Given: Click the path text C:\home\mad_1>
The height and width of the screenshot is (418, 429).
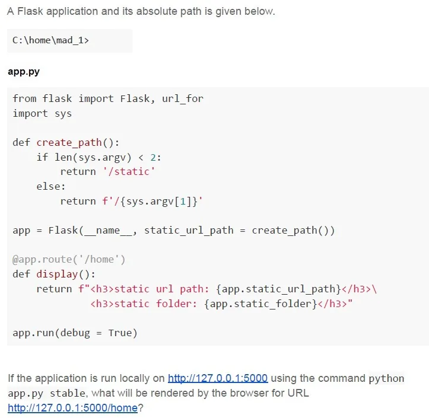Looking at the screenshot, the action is coord(50,40).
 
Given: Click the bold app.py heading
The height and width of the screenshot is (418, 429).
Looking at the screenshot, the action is coord(24,72).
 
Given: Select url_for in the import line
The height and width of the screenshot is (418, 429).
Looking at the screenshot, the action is coord(183,98).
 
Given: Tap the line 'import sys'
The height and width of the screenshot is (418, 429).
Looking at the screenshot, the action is coord(42,114).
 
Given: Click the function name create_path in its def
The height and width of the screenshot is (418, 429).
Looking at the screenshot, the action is coord(69,143).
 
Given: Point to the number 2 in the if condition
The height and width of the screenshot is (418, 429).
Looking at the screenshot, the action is coord(153,158).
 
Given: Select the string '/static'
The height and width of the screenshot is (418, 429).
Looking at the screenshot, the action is coord(129,172).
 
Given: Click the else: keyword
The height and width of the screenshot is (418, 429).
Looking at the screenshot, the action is coord(51,186).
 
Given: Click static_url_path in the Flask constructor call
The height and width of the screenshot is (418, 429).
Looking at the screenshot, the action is coord(189,231).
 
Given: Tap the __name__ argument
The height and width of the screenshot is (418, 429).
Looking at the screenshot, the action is coord(108,231).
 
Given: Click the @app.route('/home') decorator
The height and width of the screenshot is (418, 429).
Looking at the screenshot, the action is coord(69,260).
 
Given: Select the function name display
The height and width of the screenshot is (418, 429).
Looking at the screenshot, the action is coord(57,274).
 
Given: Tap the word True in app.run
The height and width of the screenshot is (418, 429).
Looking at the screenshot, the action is coord(120,333).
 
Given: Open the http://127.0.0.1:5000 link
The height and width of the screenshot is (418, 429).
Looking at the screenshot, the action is coord(218,378).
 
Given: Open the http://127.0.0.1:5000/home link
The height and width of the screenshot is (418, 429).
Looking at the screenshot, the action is coord(73,408).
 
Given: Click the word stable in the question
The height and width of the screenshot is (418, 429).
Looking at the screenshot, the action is coord(68,393).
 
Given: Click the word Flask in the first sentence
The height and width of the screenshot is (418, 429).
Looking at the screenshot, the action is coord(30,11).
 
